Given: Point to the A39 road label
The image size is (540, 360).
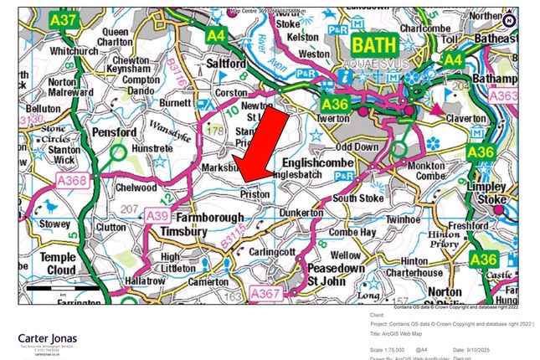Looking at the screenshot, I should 157,216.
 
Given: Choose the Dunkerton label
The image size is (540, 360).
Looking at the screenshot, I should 298,213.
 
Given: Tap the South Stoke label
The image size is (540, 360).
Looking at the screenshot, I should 357,198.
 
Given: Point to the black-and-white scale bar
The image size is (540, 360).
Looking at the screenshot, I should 63,288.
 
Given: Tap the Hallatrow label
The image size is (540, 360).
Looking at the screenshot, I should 162,282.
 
